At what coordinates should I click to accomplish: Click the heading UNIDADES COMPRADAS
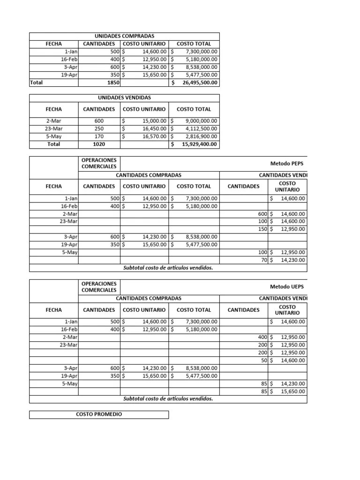click(x=125, y=36)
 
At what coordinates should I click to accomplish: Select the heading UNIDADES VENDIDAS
click(x=125, y=97)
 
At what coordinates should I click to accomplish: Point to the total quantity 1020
click(x=99, y=144)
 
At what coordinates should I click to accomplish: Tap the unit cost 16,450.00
click(x=154, y=129)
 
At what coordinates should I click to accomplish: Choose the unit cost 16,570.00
click(x=154, y=137)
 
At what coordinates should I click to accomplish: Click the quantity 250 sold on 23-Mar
click(x=99, y=129)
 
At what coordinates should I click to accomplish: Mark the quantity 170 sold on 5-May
click(x=99, y=137)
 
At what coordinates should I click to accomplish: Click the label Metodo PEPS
click(x=287, y=164)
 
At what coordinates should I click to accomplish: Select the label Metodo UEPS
click(x=287, y=286)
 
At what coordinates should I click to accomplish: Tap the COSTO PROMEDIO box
click(x=99, y=414)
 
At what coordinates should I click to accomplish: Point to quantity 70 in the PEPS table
click(x=263, y=260)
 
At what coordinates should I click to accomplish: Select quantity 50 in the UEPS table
click(x=263, y=360)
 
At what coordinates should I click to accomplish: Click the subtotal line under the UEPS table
click(x=168, y=399)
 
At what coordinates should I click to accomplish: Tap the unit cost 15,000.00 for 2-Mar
click(x=154, y=121)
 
